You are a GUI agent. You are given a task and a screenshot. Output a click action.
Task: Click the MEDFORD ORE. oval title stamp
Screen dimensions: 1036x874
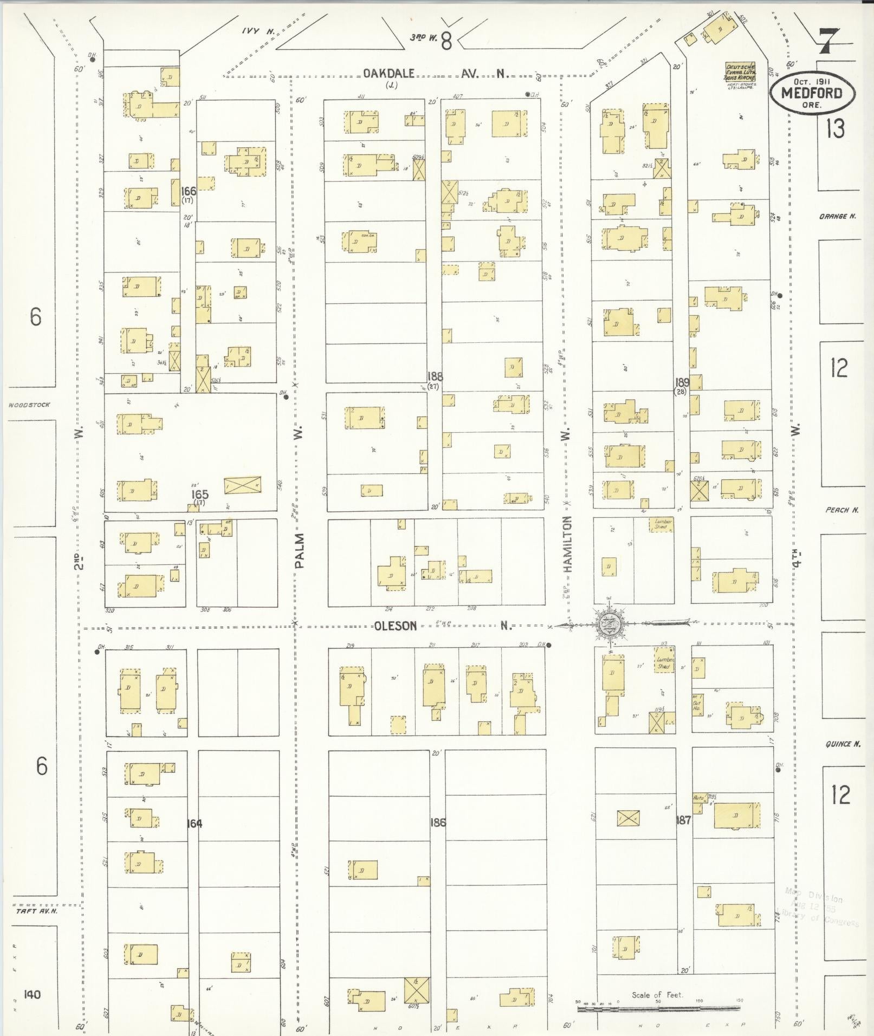[812, 93]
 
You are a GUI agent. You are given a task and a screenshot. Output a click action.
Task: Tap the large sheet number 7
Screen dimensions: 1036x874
[828, 41]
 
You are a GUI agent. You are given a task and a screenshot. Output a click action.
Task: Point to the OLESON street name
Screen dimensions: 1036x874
[396, 626]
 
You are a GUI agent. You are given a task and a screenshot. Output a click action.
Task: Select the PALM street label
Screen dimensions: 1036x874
[300, 550]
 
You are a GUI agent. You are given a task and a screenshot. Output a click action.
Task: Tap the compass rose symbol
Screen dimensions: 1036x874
[611, 624]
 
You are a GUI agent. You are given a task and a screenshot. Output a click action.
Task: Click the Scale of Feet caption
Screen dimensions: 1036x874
[657, 995]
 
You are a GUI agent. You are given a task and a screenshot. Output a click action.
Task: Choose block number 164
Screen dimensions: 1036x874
[195, 824]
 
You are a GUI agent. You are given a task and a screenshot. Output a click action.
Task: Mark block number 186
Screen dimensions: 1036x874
[437, 822]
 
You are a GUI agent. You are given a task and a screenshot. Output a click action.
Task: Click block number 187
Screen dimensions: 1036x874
[683, 820]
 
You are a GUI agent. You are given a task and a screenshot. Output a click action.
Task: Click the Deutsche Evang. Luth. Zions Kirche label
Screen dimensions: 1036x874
[740, 72]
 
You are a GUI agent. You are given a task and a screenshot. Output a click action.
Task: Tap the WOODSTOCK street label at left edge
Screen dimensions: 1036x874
[29, 405]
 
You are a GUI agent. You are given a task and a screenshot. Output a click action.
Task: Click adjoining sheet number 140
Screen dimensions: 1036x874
[33, 994]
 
